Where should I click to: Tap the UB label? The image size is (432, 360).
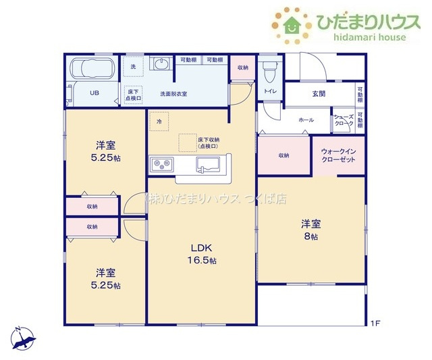pos(95,93)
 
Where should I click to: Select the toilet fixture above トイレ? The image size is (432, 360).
pos(270,68)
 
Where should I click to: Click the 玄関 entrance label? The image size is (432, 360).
pos(319,94)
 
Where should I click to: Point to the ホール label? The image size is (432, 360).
pos(306,120)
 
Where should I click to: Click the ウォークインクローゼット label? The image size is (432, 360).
pos(337,155)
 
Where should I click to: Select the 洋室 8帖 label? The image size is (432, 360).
pos(310,230)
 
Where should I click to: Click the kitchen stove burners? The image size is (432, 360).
pos(163,165)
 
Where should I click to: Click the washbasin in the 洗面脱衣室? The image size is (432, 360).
pos(161,66)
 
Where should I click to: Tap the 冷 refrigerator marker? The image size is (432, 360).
pos(159,121)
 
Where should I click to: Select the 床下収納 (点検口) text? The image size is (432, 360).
pos(207,143)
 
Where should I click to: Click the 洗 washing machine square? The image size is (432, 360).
pos(133,67)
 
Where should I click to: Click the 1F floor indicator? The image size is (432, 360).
pos(375,324)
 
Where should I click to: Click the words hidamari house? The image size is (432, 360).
pos(369,37)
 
